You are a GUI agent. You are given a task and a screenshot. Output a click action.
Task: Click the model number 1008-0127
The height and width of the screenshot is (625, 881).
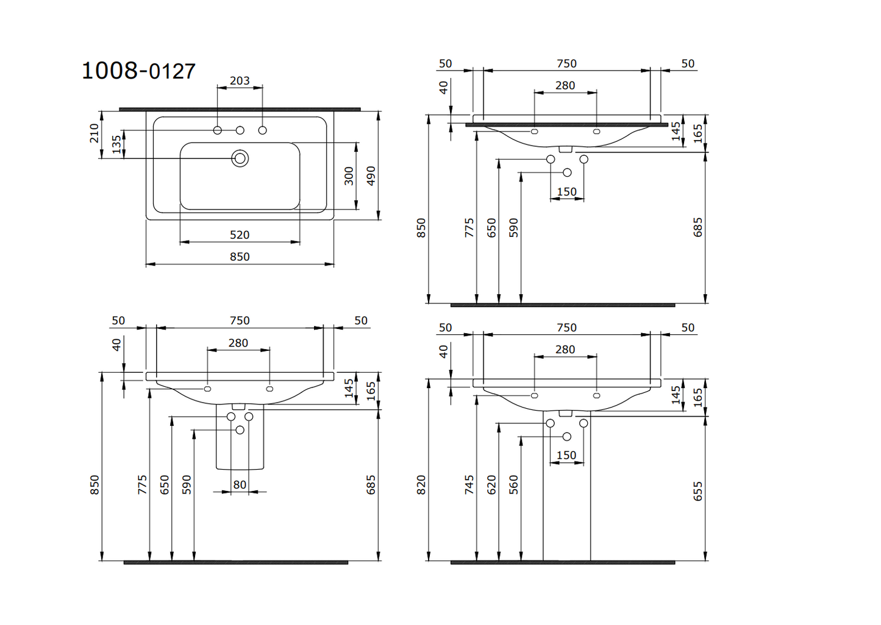tap(138, 71)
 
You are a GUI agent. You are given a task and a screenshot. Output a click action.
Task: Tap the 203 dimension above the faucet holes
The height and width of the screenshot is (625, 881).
tap(240, 80)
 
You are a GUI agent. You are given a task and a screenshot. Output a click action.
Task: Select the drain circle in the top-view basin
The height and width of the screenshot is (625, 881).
tap(240, 158)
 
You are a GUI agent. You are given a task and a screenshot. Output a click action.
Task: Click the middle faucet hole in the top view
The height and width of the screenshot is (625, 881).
tap(240, 130)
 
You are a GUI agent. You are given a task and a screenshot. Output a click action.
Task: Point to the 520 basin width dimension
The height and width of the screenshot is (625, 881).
tap(240, 235)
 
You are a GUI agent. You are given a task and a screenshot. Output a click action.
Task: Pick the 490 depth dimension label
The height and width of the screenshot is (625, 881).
tap(371, 176)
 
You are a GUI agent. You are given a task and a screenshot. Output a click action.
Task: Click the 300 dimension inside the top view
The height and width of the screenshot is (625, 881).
tap(349, 176)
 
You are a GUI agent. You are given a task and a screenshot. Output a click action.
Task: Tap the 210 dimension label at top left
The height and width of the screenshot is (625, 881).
tap(95, 133)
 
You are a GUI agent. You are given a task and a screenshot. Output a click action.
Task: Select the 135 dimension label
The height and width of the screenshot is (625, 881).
tap(116, 144)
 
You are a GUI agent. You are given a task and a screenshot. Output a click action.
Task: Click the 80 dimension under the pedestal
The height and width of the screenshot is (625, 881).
tap(240, 485)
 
